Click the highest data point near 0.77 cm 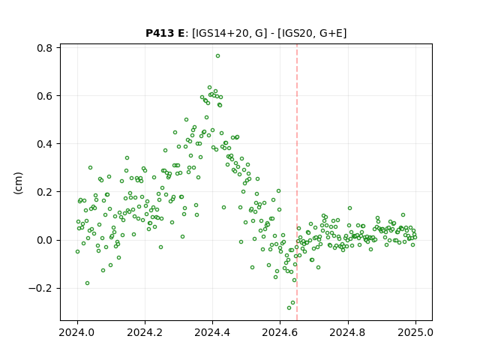pos(217,56)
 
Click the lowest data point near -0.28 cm pos(289,307)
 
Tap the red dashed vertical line pos(297,182)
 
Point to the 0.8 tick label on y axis pos(44,48)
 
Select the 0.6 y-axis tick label pos(44,96)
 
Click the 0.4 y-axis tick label pos(44,144)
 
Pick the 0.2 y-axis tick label pos(44,192)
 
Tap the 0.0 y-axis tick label pos(44,240)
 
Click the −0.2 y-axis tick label pos(40,288)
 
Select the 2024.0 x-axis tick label pos(76,332)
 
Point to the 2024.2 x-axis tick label pos(145,332)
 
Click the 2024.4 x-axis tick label pos(212,332)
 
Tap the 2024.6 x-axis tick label pos(280,332)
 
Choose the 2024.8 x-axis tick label pos(347,332)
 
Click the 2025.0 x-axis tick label pos(415,332)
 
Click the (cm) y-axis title pos(18,183)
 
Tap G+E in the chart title pos(331,33)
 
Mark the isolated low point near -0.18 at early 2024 pos(87,283)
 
